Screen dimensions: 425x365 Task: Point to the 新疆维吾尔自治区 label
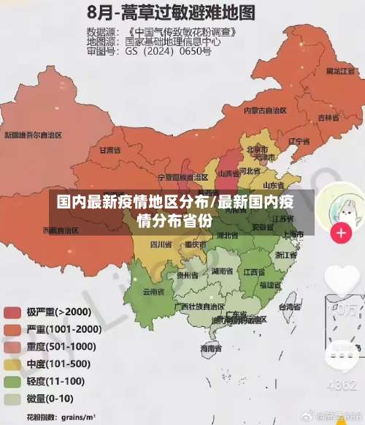33,135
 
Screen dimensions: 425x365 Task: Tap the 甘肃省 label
109,150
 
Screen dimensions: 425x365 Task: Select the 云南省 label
153,292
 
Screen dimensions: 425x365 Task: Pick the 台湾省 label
290,308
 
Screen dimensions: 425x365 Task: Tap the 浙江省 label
286,255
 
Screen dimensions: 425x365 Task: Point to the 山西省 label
228,174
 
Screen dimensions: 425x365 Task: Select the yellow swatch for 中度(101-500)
12,364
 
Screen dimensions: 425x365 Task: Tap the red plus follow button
341,233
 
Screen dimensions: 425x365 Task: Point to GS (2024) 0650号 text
168,52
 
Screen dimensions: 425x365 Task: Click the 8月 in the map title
104,12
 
